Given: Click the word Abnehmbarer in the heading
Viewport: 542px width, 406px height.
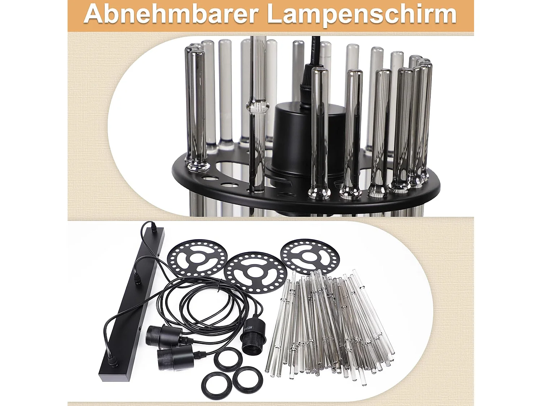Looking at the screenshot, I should pyautogui.click(x=171, y=14).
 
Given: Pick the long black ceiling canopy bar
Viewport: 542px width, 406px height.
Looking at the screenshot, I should pyautogui.click(x=132, y=305).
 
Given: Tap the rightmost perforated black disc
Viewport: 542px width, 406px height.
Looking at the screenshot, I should pyautogui.click(x=310, y=256).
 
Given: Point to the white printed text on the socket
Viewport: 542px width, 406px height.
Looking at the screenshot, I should pyautogui.click(x=249, y=329).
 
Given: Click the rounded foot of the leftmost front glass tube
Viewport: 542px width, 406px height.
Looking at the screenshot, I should pyautogui.click(x=198, y=166).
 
